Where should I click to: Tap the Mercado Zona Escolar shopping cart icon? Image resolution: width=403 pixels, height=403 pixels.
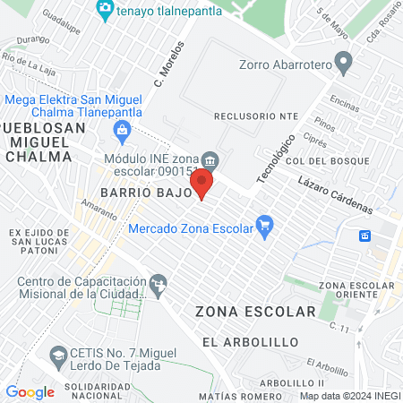(264, 227)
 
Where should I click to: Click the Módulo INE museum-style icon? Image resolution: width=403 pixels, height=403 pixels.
(210, 161)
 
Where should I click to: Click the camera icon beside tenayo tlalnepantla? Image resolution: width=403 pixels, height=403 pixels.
(106, 9)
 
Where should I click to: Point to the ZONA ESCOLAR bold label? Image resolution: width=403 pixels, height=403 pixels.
(255, 312)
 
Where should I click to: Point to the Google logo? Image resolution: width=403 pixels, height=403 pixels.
(30, 391)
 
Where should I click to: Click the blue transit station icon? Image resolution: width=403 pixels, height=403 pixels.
(365, 236)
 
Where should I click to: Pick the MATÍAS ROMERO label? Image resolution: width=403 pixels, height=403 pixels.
(233, 395)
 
